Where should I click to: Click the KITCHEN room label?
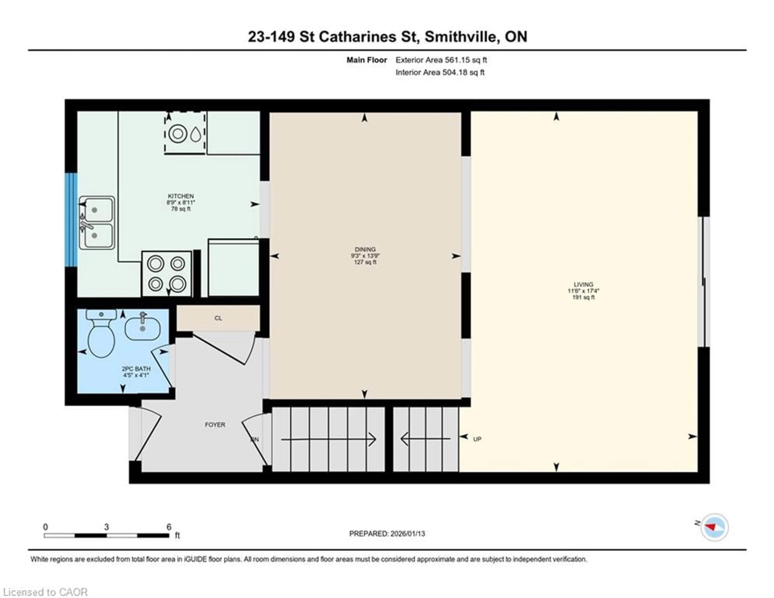pyautogui.click(x=181, y=196)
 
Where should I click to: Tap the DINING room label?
pyautogui.click(x=365, y=249)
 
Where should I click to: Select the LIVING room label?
pyautogui.click(x=583, y=284)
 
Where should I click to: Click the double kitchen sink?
pyautogui.click(x=96, y=223)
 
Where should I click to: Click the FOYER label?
pyautogui.click(x=215, y=424)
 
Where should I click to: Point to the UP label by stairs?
pyautogui.click(x=477, y=439)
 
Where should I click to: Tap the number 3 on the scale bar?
pyautogui.click(x=106, y=527)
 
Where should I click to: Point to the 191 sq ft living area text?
pyautogui.click(x=583, y=297)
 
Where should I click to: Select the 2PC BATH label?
pyautogui.click(x=136, y=369)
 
